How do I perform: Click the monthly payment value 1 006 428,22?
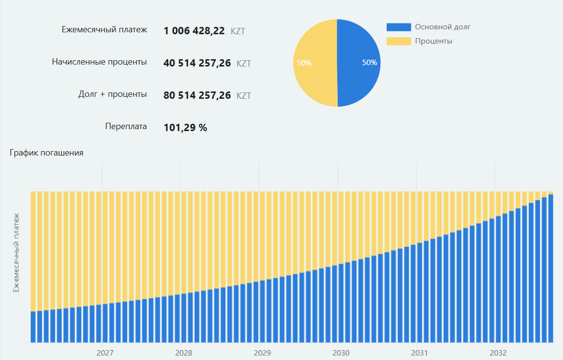194,31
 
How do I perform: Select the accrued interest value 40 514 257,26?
197,63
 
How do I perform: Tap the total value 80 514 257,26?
197,95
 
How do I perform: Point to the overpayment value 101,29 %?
185,128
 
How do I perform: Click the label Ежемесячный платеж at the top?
104,29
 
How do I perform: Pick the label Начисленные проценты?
99,62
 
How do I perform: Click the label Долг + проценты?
112,94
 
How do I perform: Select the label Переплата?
126,126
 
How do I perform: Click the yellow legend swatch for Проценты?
398,41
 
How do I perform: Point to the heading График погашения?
46,153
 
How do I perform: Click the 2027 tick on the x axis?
105,353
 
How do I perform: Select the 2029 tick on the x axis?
262,353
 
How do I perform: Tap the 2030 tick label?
341,353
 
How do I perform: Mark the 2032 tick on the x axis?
498,353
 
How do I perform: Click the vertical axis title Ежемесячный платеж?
16,252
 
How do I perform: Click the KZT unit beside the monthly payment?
238,31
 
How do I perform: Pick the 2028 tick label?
184,353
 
